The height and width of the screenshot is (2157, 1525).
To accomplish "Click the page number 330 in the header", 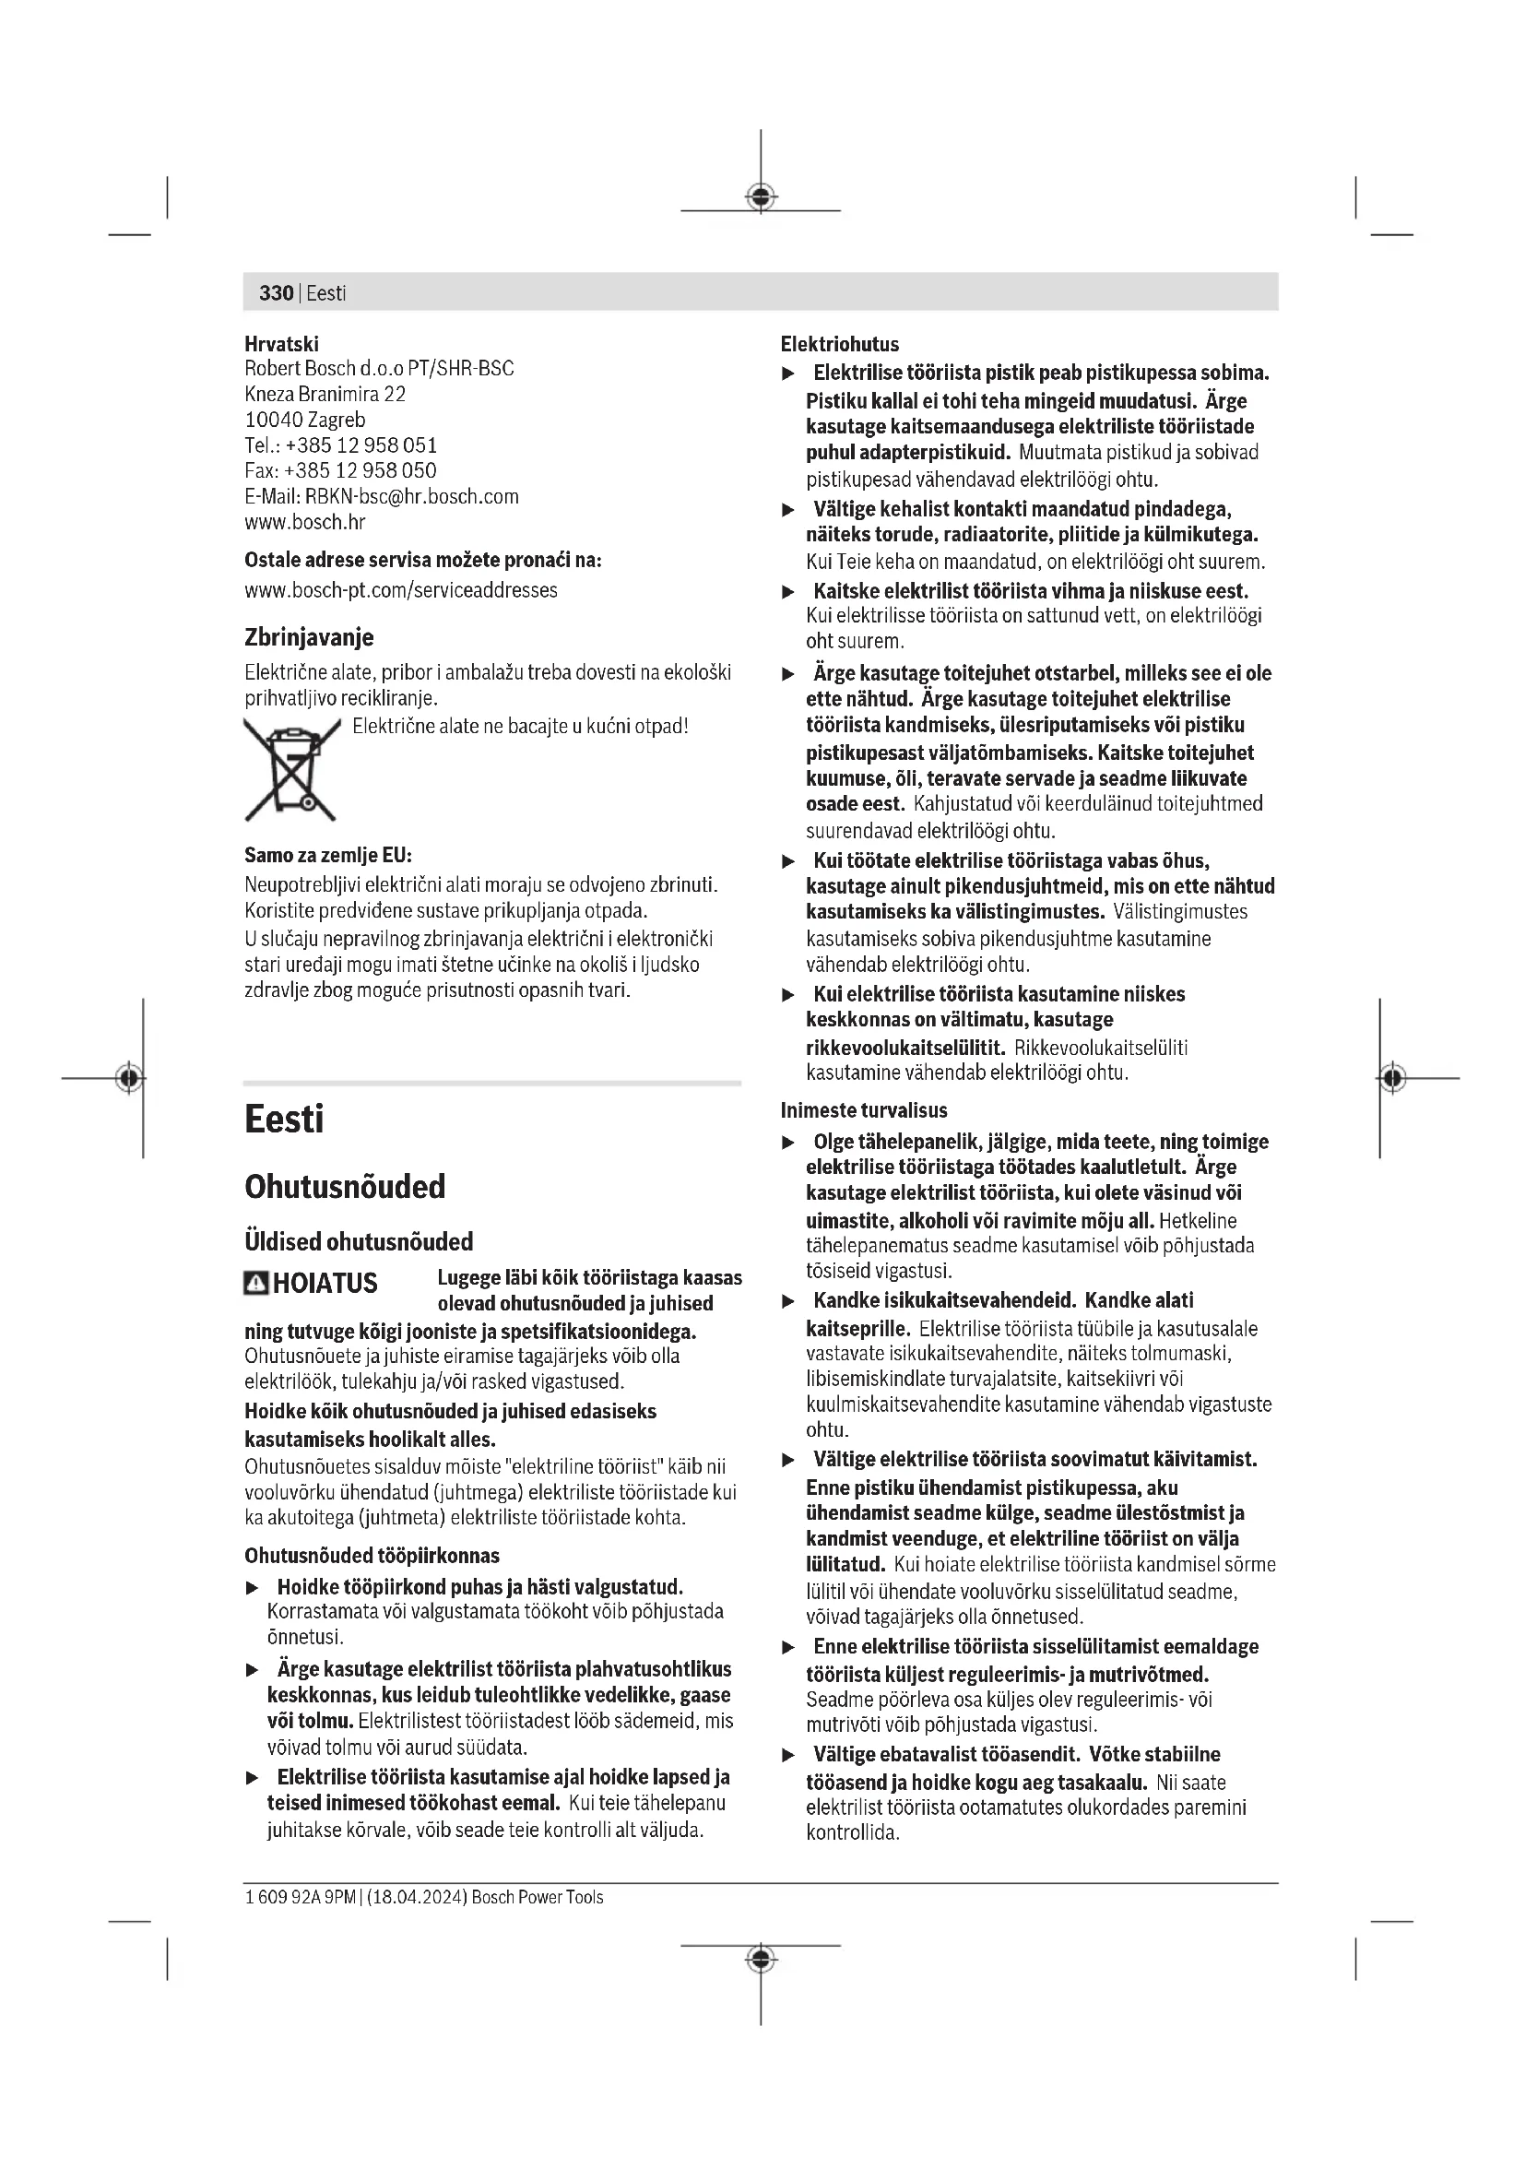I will [x=276, y=293].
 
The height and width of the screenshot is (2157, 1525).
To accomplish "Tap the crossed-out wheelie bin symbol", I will [x=291, y=768].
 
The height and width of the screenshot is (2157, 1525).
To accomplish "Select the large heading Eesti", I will [x=284, y=1119].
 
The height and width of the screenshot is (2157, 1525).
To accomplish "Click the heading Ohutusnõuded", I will [x=345, y=1187].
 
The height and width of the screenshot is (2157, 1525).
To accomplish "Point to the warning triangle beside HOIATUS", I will [x=255, y=1284].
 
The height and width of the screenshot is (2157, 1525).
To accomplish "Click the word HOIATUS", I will [x=325, y=1284].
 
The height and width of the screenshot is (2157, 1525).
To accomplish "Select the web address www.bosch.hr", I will [x=304, y=522].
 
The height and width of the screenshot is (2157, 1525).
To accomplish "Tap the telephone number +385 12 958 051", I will [x=361, y=445].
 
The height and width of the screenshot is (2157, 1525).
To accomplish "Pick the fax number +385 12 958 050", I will [x=360, y=470].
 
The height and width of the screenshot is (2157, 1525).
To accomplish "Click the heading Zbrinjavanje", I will [x=309, y=637].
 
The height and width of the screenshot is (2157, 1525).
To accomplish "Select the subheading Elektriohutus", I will [x=840, y=344].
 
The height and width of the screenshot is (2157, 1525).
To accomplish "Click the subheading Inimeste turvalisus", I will [x=864, y=1110].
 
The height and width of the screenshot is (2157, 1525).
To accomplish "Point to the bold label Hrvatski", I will [x=281, y=344].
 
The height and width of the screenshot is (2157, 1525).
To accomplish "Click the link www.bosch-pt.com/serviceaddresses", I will [x=401, y=590].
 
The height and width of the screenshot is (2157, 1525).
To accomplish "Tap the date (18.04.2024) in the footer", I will [x=416, y=1897].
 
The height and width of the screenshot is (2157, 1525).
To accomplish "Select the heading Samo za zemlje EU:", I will [x=327, y=855].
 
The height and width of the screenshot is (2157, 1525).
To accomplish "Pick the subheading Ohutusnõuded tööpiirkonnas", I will [x=372, y=1556].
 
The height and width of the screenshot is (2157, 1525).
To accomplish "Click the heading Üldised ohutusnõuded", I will [x=359, y=1242].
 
